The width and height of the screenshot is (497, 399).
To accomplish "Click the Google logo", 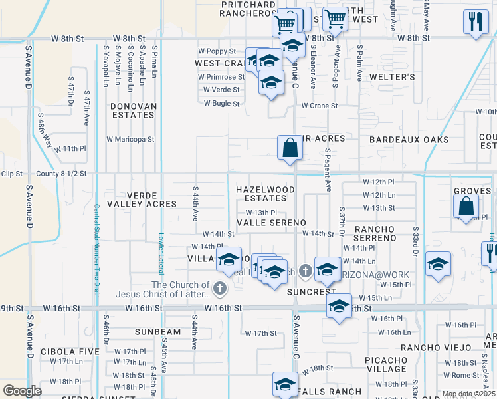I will [x=22, y=390].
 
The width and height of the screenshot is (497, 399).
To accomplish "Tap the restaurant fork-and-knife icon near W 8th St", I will [x=474, y=21].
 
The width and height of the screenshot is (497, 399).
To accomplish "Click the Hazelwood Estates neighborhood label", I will [x=265, y=194].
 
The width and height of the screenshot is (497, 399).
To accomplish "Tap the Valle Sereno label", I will [x=271, y=222].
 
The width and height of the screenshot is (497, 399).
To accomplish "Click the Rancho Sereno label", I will [x=375, y=233].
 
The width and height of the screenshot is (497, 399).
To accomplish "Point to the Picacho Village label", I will [x=387, y=364].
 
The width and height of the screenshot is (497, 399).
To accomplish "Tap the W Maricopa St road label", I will [x=130, y=140].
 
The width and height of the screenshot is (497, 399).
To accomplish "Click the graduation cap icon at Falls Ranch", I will [x=285, y=384].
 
